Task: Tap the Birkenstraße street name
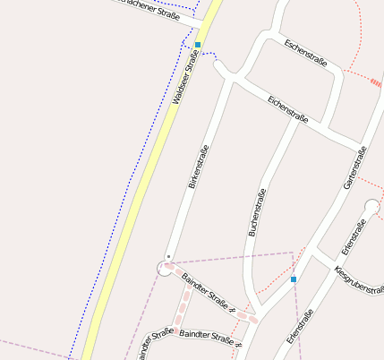pos(199,167)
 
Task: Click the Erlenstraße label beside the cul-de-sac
pos(354,235)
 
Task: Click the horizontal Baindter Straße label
pos(211,338)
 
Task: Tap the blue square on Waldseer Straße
pos(198,44)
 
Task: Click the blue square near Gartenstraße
pos(294,279)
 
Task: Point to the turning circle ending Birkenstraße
pos(165,267)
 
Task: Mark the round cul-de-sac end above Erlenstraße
pos(372,207)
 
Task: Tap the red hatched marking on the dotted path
pos(375,83)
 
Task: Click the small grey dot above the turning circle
pos(168,256)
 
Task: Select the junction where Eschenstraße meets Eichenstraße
pos(235,80)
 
